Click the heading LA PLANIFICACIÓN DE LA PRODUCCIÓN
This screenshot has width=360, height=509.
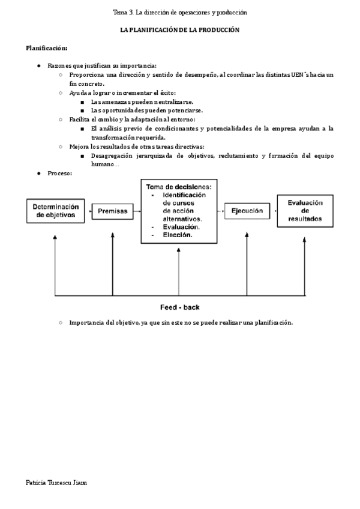coord(180,30)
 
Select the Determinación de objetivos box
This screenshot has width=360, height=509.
coord(56,211)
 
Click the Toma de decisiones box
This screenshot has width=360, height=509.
coord(179,211)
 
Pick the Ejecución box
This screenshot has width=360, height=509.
coord(247,211)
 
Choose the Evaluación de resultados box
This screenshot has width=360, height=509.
coord(304,211)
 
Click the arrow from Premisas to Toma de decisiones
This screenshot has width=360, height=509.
coord(137,211)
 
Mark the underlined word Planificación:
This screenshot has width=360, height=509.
coord(47,48)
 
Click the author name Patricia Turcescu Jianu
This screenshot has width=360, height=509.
coord(57,482)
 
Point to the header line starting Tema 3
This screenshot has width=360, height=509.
coord(180,12)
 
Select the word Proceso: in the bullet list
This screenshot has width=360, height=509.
coord(60,173)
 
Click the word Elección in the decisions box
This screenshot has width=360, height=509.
coord(178,235)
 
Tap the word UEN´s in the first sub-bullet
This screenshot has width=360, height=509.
coord(304,74)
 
